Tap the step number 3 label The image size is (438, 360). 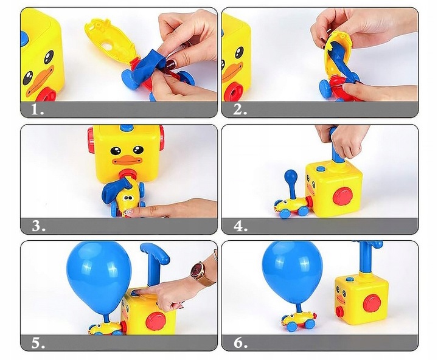38,227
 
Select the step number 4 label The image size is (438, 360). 240,227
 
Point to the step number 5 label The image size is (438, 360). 38,343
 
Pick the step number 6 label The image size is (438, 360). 240,343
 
